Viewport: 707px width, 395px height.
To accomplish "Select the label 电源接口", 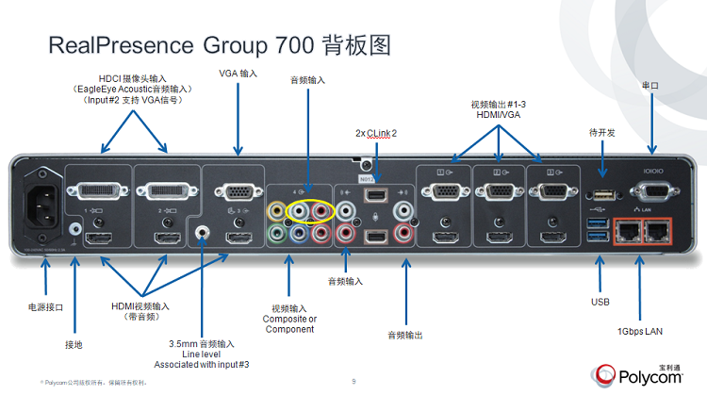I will coord(45,306).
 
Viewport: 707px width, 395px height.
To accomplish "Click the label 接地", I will coord(73,345).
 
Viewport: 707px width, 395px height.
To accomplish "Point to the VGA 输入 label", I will coord(238,73).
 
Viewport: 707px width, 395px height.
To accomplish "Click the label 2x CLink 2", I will coord(375,133).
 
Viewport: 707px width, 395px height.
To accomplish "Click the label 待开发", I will coord(601,133).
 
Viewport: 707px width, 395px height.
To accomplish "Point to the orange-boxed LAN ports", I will coord(639,230).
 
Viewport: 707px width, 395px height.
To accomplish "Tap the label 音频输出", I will coord(406,334).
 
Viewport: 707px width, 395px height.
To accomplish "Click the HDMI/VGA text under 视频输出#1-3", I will coord(496,114).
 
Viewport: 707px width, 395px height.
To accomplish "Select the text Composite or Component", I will coord(289,324).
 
